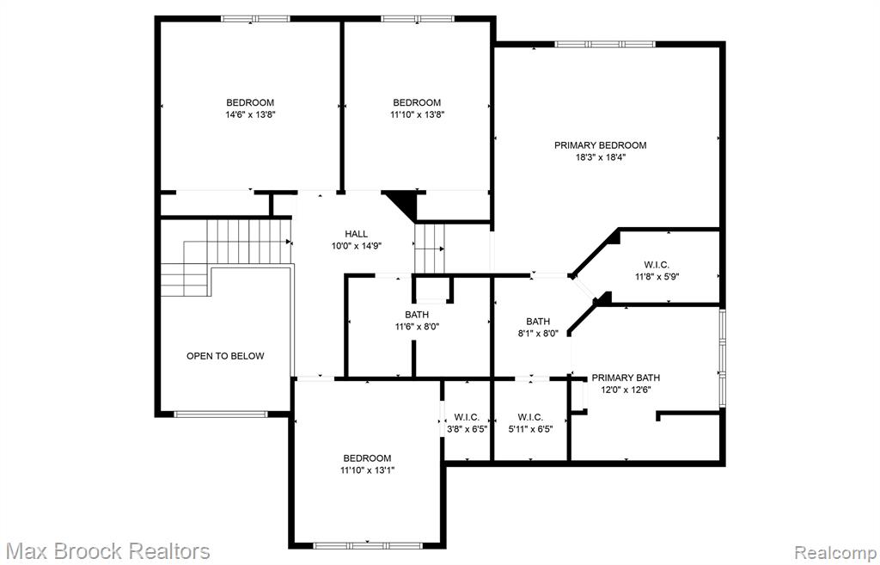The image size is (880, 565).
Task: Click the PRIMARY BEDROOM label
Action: pyautogui.click(x=600, y=145)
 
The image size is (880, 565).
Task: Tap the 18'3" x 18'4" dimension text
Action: pyautogui.click(x=600, y=158)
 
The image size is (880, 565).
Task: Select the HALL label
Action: pyautogui.click(x=357, y=234)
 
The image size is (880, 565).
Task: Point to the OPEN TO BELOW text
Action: pyautogui.click(x=225, y=356)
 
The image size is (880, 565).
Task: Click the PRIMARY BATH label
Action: pyautogui.click(x=626, y=378)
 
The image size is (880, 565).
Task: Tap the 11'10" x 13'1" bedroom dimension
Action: pyautogui.click(x=368, y=470)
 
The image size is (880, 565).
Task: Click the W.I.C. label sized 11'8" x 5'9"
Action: pyautogui.click(x=656, y=265)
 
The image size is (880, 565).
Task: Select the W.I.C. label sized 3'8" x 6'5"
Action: pyautogui.click(x=467, y=417)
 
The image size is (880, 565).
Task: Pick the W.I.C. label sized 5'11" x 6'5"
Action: pyautogui.click(x=530, y=417)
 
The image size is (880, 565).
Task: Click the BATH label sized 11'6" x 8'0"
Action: pyautogui.click(x=417, y=315)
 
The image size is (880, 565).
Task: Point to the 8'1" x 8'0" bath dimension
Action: pyautogui.click(x=538, y=334)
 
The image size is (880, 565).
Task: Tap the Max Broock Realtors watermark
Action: pyautogui.click(x=109, y=551)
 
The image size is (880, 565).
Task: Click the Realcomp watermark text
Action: pyautogui.click(x=834, y=551)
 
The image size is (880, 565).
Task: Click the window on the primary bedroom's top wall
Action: pyautogui.click(x=604, y=44)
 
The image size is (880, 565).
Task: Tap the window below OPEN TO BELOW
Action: pyautogui.click(x=221, y=415)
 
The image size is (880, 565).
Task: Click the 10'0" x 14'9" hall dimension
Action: pyautogui.click(x=357, y=245)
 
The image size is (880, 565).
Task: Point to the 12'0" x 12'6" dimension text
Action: pyautogui.click(x=626, y=390)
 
